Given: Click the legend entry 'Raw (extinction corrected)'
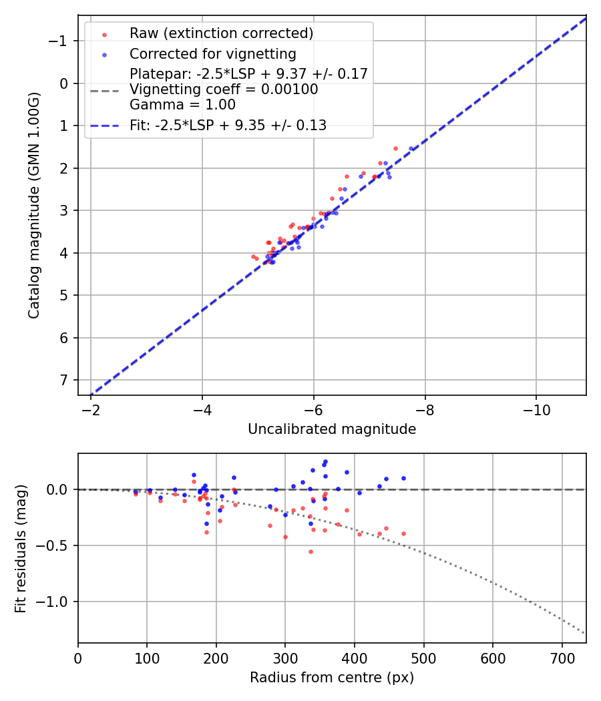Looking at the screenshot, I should (x=221, y=33).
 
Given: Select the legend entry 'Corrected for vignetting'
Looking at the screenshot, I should (x=212, y=53).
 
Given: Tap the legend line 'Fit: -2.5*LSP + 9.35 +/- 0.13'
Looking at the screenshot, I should (x=228, y=126).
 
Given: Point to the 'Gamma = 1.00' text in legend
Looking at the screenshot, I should (x=182, y=104).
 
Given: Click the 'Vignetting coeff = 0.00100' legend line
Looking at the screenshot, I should (x=224, y=89).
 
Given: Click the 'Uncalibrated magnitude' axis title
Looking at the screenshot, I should (x=332, y=429).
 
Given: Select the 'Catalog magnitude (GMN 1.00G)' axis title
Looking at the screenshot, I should (x=34, y=206).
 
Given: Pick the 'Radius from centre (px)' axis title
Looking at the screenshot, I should (x=332, y=678).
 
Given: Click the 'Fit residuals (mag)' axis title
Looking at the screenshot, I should (x=21, y=549).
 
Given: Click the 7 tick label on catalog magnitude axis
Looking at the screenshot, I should (x=64, y=380).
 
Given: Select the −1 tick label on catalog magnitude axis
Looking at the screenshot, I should (x=59, y=41).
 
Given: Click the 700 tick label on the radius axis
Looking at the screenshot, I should (x=562, y=658).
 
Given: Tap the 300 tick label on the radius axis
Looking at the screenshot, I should (x=285, y=658).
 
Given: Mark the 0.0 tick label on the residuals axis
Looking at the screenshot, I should (x=59, y=489).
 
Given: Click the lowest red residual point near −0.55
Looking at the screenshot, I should (x=311, y=551).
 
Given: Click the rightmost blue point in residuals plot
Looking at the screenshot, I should (x=403, y=478).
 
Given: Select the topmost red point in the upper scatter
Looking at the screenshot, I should (x=395, y=148).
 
